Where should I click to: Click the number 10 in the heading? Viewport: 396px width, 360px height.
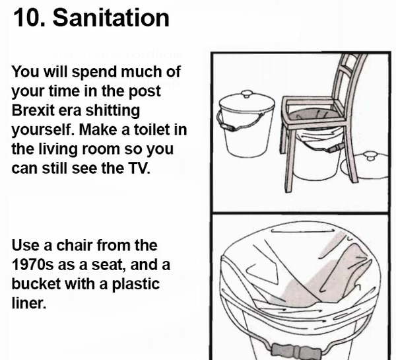(x=28, y=18)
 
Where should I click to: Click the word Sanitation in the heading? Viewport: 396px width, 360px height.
(x=111, y=18)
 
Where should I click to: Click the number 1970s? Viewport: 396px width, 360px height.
(x=32, y=265)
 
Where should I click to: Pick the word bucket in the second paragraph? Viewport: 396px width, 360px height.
(x=36, y=284)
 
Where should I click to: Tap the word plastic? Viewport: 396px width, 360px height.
(x=135, y=285)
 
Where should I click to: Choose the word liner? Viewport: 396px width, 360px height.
(x=29, y=303)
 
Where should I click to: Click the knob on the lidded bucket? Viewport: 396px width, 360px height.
(x=247, y=94)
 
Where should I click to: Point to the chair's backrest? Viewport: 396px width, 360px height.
(x=350, y=79)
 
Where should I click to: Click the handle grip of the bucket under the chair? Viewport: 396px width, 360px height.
(x=335, y=148)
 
